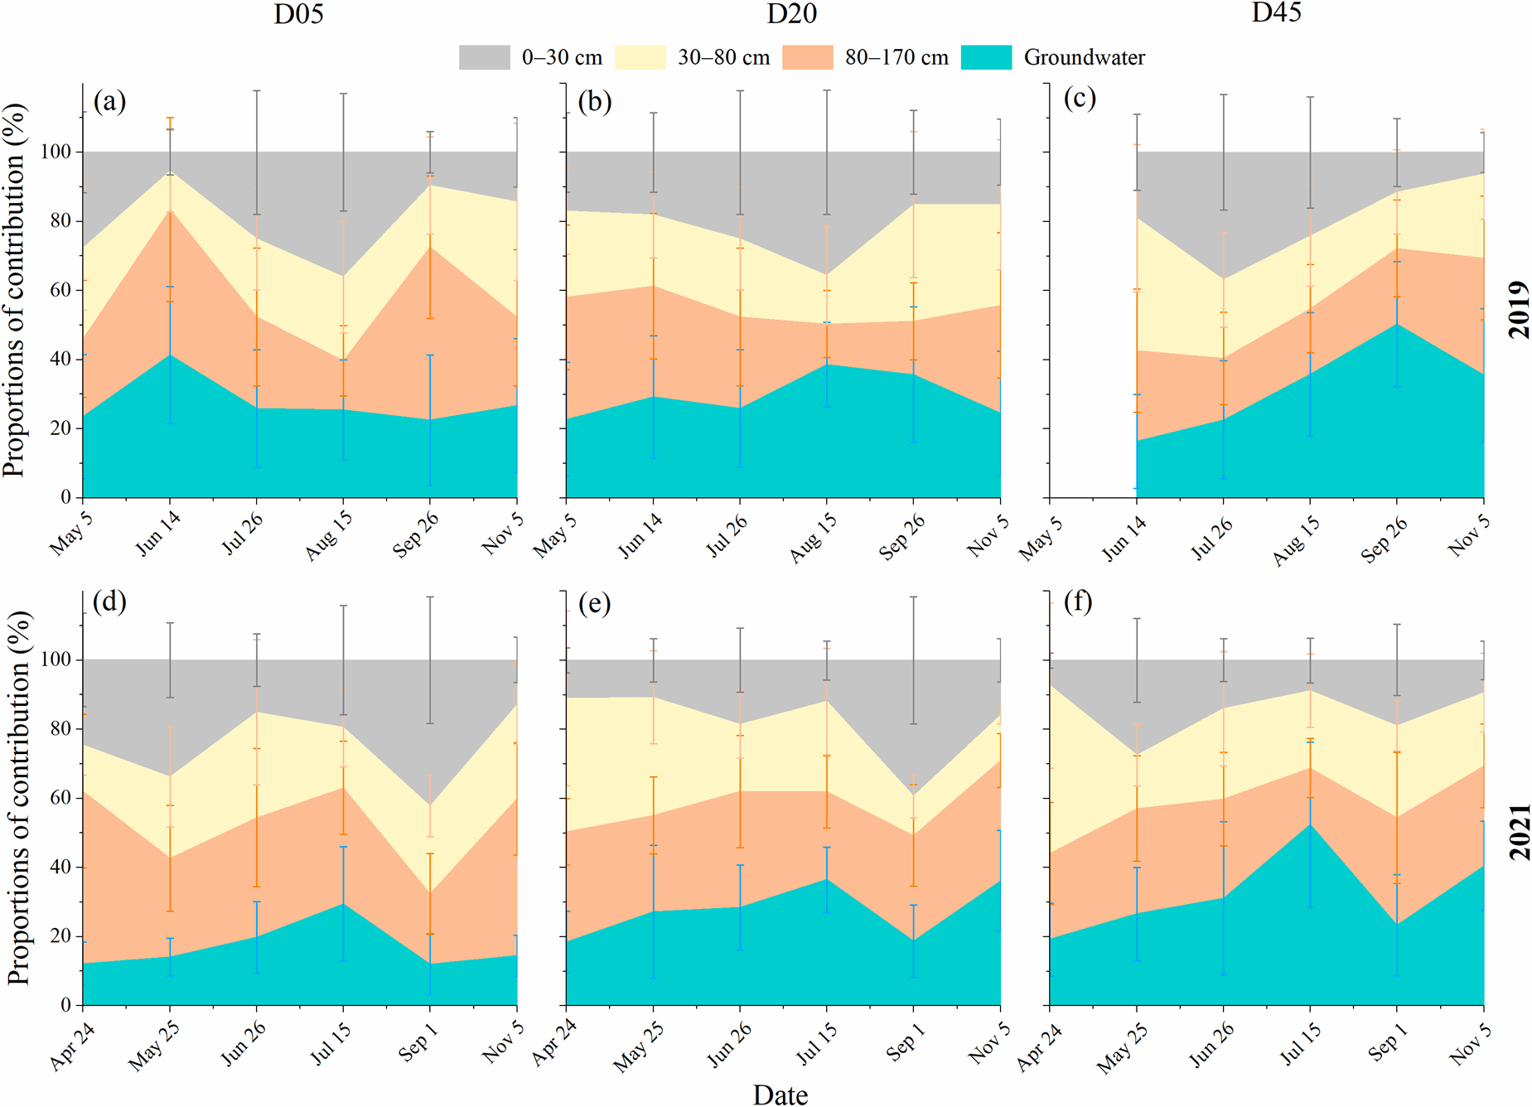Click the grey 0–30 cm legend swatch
[484, 57]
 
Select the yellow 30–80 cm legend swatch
[640, 57]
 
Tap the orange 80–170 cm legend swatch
[807, 57]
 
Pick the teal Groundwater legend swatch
[986, 57]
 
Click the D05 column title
[298, 14]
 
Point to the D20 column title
[791, 14]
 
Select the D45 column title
[1276, 12]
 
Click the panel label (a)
[109, 101]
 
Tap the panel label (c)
[1080, 99]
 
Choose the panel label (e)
[595, 603]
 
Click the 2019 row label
[1519, 310]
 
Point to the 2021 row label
[1519, 831]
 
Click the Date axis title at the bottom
[780, 1095]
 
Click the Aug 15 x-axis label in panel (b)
[814, 538]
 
